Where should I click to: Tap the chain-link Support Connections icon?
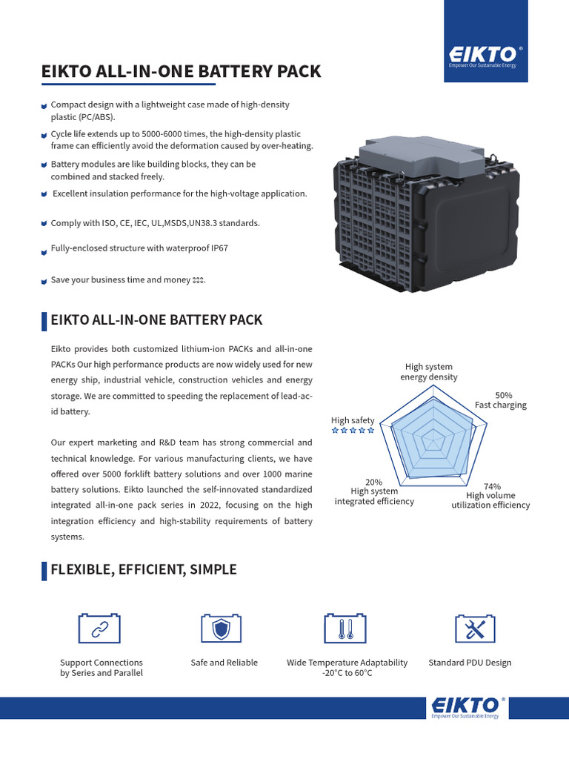point(99,628)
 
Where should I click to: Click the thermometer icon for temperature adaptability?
point(345,628)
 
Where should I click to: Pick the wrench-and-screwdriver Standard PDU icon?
point(474,628)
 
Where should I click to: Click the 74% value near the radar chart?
point(491,486)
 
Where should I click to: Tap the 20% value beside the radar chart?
point(374,482)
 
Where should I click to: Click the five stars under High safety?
point(353,430)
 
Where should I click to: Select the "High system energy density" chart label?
point(428,372)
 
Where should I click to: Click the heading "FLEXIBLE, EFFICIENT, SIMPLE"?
point(143,569)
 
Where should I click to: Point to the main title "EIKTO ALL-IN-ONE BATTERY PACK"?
point(181,72)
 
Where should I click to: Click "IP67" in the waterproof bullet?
point(219,248)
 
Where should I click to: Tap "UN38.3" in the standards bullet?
point(191,223)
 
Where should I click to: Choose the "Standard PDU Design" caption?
point(470,663)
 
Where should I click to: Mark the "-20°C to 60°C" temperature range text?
point(347,673)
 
